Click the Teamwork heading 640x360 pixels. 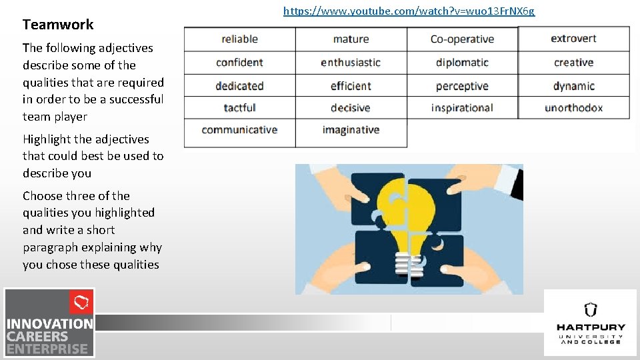[x=58, y=25]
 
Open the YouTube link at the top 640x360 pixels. [x=409, y=11]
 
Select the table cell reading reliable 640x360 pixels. [x=239, y=39]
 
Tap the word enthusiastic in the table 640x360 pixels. [x=351, y=63]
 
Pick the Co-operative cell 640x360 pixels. [x=462, y=39]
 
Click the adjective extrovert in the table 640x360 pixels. [x=573, y=39]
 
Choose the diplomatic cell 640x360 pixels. [x=462, y=63]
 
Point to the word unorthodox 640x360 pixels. [x=573, y=108]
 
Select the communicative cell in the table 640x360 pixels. [x=239, y=130]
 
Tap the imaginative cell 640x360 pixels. [x=351, y=130]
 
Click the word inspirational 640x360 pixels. [x=462, y=108]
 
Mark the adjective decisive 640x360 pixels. [x=351, y=108]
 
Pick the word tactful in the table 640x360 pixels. [x=239, y=108]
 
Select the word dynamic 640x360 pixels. [x=573, y=86]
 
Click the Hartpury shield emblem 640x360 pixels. [x=590, y=309]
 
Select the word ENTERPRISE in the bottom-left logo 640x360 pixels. [x=47, y=349]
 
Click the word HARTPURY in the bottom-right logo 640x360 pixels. [x=591, y=327]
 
